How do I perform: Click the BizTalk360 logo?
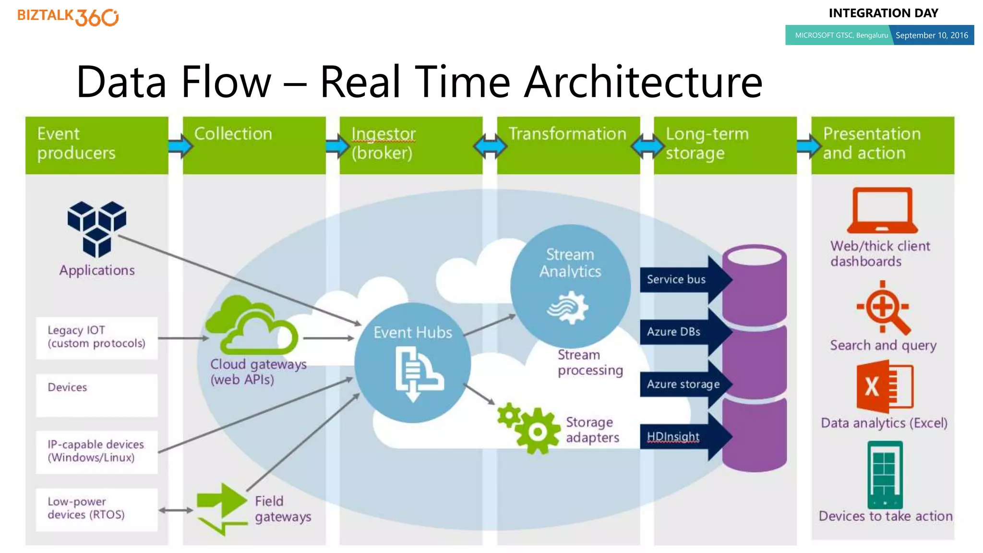(68, 17)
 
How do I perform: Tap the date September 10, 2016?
(931, 36)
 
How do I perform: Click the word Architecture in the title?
(643, 82)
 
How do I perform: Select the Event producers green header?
(96, 145)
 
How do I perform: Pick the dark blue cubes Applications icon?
(97, 228)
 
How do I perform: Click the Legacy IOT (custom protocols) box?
(96, 337)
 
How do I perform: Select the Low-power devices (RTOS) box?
(96, 509)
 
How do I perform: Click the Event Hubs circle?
(413, 363)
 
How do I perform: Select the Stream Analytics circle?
(570, 286)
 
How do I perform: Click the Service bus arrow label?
(677, 279)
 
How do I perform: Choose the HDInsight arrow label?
(674, 436)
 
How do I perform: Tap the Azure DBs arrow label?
(674, 332)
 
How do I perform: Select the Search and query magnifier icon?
(883, 308)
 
